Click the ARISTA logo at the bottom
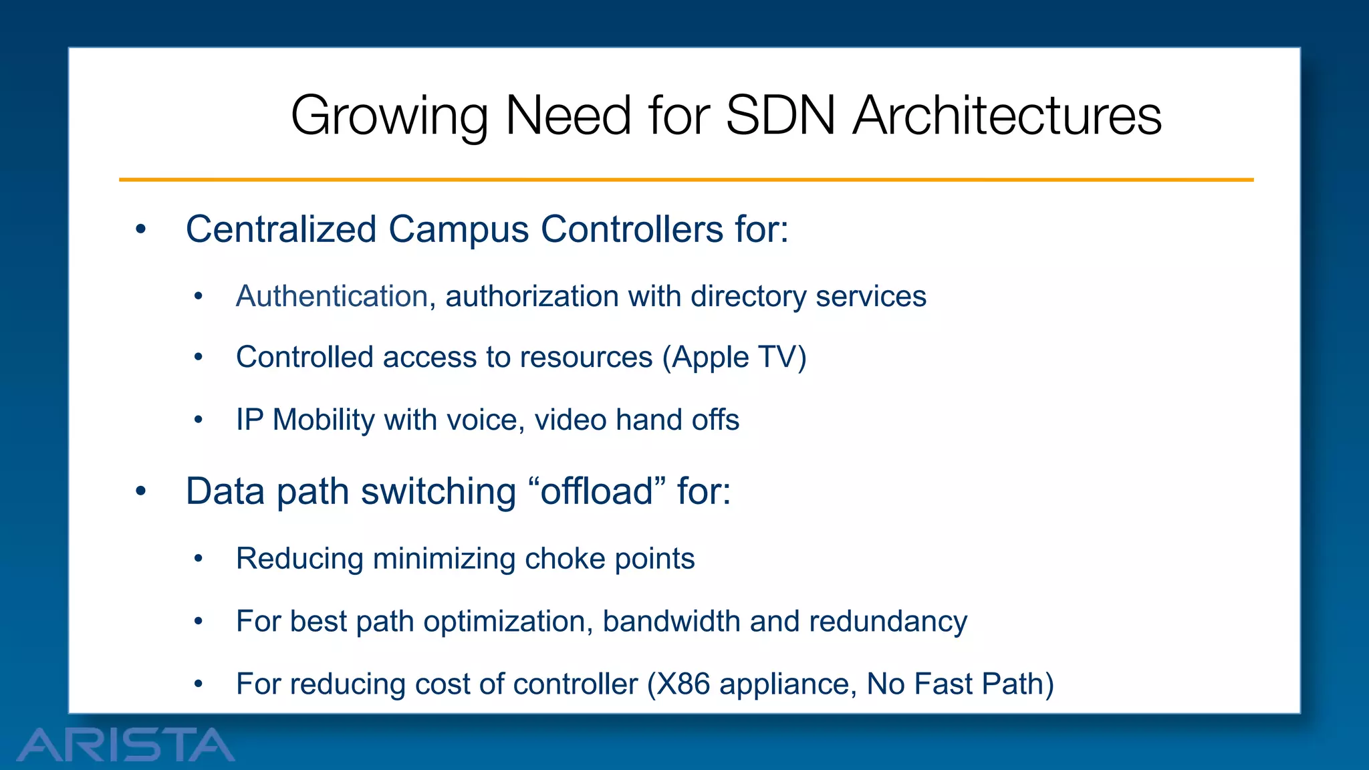pos(125,745)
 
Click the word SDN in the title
pos(780,116)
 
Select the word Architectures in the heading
pos(1007,116)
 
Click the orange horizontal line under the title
pos(686,180)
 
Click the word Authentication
pos(332,296)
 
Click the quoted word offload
pos(596,491)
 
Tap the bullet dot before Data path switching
pos(140,492)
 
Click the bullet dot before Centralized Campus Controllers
pos(140,230)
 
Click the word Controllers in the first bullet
pos(632,229)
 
